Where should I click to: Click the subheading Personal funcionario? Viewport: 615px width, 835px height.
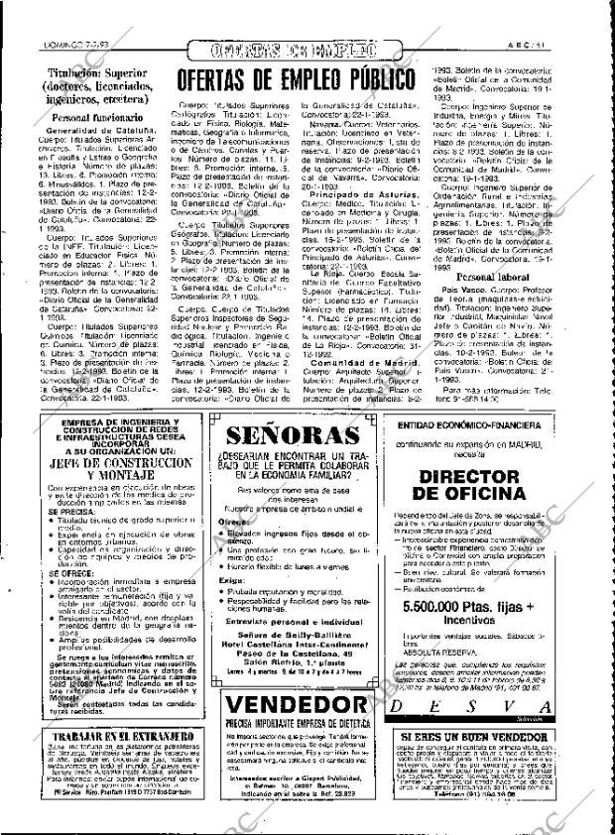86,117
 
